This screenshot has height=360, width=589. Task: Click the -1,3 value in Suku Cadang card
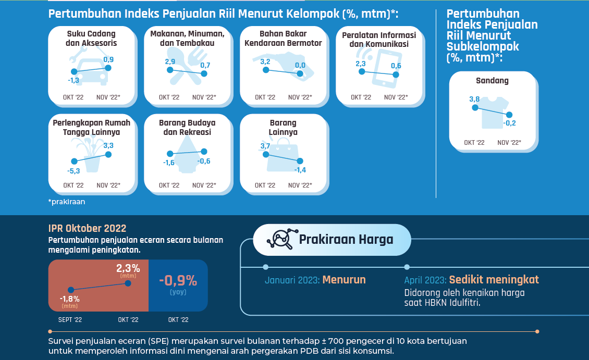click(73, 81)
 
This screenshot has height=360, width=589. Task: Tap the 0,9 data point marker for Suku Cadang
click(108, 68)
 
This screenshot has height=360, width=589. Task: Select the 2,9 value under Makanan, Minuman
click(170, 62)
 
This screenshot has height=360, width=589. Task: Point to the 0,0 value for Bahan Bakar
click(300, 65)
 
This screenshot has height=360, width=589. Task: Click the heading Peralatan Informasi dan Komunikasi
click(379, 40)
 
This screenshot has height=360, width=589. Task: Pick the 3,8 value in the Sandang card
click(474, 99)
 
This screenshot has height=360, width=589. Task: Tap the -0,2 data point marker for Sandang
click(510, 115)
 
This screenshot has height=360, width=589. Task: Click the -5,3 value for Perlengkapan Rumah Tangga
click(73, 170)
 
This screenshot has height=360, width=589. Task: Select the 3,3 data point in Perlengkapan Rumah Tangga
click(108, 154)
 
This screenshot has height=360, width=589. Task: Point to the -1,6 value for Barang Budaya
click(169, 163)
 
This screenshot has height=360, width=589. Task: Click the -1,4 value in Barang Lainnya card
click(300, 170)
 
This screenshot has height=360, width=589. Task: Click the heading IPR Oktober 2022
click(87, 228)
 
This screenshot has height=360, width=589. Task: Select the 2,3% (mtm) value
click(128, 269)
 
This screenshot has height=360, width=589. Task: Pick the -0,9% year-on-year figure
click(178, 281)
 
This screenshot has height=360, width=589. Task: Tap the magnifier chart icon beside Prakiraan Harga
click(279, 240)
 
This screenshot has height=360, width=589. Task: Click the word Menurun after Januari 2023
click(344, 280)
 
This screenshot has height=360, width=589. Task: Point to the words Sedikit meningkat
click(494, 280)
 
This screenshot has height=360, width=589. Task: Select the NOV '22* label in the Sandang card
click(509, 142)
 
